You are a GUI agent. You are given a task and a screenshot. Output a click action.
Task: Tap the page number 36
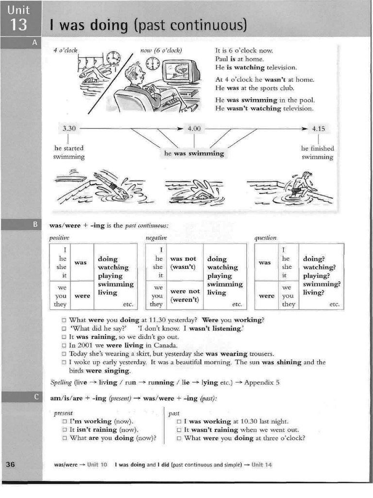[x=11, y=464]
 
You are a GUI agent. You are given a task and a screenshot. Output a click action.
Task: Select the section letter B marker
[x=34, y=225]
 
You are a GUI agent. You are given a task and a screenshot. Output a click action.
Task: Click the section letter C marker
[x=35, y=397]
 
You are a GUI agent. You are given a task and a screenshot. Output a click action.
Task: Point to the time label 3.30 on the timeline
[x=69, y=129]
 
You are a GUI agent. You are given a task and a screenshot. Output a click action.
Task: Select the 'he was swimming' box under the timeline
[x=194, y=153]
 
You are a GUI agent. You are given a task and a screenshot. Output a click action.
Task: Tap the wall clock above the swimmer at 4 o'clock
[x=113, y=58]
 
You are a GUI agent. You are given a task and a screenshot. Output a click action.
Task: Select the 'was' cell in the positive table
[x=81, y=263]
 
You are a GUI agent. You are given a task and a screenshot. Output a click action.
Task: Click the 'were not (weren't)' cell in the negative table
[x=185, y=295]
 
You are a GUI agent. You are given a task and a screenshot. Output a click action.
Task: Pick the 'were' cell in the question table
[x=266, y=295]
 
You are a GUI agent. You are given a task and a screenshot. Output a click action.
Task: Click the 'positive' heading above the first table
[x=59, y=237]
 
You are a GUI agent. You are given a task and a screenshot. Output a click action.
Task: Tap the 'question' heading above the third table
[x=265, y=237]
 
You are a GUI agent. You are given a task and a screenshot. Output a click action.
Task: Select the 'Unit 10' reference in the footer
[x=97, y=464]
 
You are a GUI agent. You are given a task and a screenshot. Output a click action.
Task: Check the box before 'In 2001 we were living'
[x=64, y=345]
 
